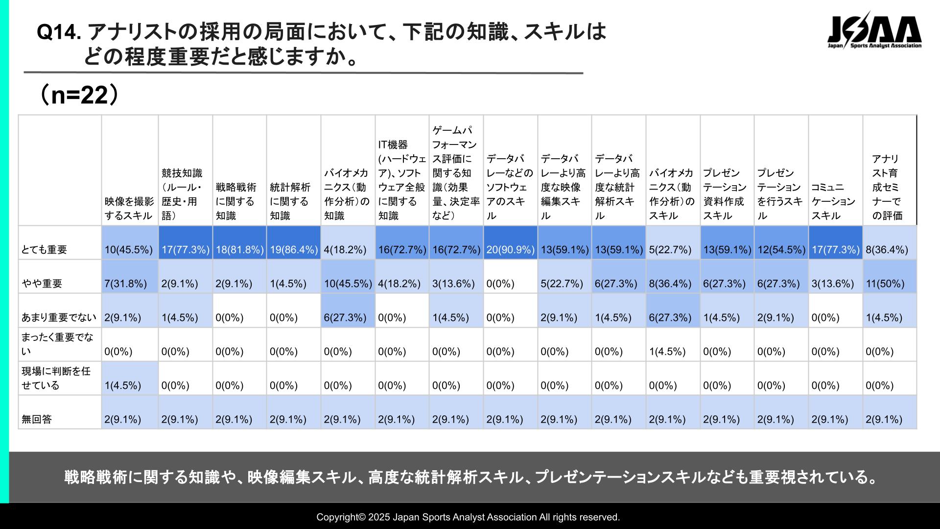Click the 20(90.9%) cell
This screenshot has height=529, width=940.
click(510, 250)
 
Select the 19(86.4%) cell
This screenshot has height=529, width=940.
click(293, 250)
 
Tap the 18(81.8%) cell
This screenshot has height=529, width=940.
click(239, 250)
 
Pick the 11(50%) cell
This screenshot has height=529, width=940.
click(885, 284)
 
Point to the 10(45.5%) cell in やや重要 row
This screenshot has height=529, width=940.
click(348, 284)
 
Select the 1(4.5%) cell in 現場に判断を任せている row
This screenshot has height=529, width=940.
click(123, 385)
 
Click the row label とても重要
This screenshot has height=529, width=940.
click(44, 250)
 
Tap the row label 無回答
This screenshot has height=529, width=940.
click(37, 420)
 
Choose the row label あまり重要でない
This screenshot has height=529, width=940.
click(59, 318)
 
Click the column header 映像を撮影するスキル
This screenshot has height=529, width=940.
click(129, 209)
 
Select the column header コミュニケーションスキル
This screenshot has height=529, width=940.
click(833, 201)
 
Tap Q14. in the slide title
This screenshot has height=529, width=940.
click(58, 33)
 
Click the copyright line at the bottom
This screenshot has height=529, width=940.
click(468, 517)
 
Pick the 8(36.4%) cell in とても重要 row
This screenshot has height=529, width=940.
click(887, 250)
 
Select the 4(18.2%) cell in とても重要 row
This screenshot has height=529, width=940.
click(345, 250)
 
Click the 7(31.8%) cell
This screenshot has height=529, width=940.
click(125, 284)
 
